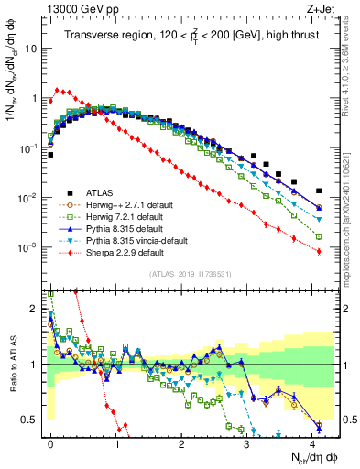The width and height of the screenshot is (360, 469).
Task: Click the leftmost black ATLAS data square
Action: pyautogui.click(x=50, y=155)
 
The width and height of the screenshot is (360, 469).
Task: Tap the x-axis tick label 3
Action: pyautogui.click(x=246, y=442)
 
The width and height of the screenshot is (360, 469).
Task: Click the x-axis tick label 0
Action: pyautogui.click(x=50, y=442)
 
